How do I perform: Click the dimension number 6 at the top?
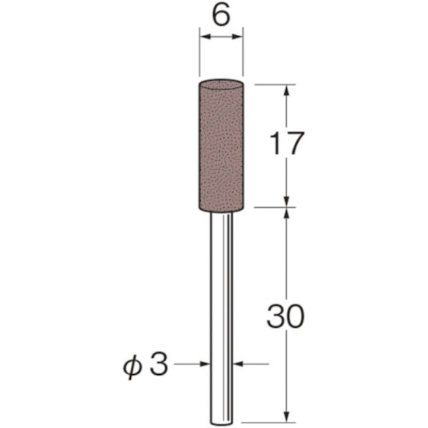pyautogui.click(x=221, y=16)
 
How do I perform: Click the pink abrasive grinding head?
pyautogui.click(x=221, y=147)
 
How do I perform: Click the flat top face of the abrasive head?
pyautogui.click(x=221, y=83)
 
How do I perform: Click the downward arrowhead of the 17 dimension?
pyautogui.click(x=286, y=201)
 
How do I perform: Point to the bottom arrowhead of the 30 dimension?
pyautogui.click(x=286, y=400)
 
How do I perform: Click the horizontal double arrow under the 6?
pyautogui.click(x=221, y=39)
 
